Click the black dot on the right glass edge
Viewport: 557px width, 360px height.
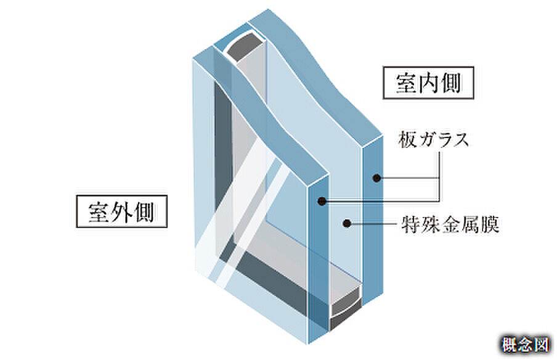375,178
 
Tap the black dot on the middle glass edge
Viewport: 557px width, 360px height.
321,201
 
